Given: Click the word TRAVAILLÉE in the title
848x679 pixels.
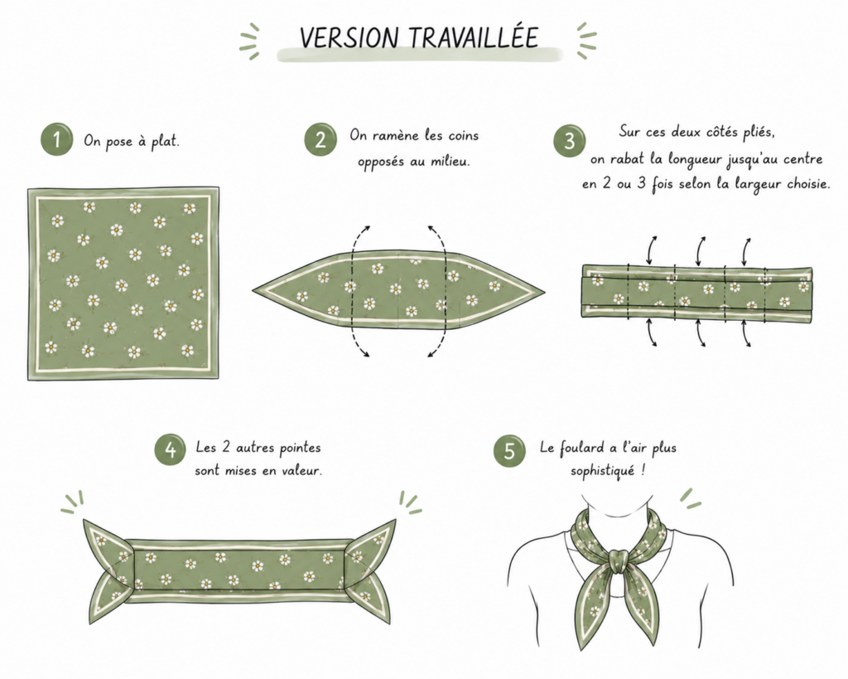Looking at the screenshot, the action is pyautogui.click(x=473, y=37).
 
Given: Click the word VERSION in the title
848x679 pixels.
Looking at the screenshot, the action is pyautogui.click(x=349, y=37).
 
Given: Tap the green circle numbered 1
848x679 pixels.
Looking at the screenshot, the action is pyautogui.click(x=57, y=140).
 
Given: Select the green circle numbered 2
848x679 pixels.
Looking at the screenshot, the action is pyautogui.click(x=320, y=140).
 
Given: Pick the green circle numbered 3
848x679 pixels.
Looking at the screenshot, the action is pyautogui.click(x=569, y=141).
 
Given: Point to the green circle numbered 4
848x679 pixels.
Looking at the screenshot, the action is pyautogui.click(x=171, y=449).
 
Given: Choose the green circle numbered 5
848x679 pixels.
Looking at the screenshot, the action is pyautogui.click(x=509, y=450).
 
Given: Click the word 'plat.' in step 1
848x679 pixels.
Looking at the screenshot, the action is pyautogui.click(x=165, y=142).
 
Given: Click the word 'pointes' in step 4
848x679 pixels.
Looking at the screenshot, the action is pyautogui.click(x=300, y=449).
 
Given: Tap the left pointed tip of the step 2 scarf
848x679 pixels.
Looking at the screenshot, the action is pyautogui.click(x=253, y=291).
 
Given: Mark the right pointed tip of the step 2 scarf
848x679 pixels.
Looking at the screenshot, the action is pyautogui.click(x=544, y=293).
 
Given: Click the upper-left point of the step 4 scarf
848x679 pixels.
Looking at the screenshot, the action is pyautogui.click(x=84, y=521).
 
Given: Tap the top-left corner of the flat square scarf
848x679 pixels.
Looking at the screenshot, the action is pyautogui.click(x=29, y=189).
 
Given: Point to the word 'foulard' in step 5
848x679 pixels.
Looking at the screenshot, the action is pyautogui.click(x=581, y=448).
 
